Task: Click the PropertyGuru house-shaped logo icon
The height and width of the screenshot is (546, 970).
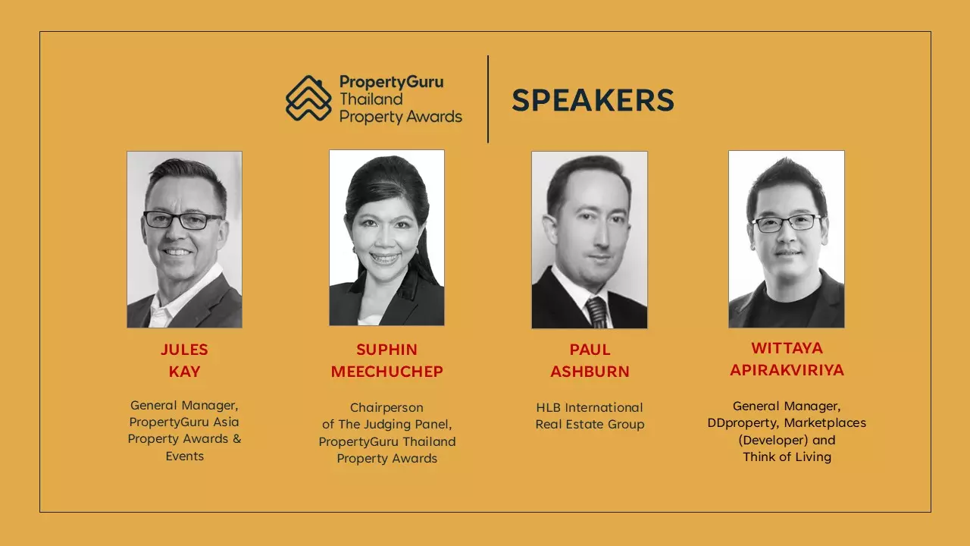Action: coord(308,99)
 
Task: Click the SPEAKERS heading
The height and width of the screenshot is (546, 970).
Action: coord(593,101)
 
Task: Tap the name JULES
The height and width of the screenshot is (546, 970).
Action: coord(184,350)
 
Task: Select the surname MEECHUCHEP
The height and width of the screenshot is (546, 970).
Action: coord(386,372)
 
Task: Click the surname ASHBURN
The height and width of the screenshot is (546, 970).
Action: coord(590,372)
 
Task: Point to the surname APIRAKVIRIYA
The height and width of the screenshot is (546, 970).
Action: coord(787,370)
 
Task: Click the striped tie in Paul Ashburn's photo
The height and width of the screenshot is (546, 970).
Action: coord(597,312)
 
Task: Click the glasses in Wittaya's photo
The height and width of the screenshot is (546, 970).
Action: coord(787,223)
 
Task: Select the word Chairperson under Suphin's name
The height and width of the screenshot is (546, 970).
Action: coord(386,408)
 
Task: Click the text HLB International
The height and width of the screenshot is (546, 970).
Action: coord(590,407)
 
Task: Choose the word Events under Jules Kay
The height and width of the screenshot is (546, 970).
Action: coord(184,456)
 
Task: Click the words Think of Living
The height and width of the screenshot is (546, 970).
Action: coord(787,457)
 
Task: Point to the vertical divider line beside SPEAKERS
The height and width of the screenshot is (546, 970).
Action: coord(488,99)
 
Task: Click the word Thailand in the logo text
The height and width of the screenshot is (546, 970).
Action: coord(371,99)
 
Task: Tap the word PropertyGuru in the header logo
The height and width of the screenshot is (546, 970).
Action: coord(392,83)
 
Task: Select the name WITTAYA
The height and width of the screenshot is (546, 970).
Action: coord(787,348)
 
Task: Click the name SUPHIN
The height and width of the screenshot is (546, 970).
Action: coord(386,350)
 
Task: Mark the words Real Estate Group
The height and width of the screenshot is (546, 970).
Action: coord(590,424)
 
